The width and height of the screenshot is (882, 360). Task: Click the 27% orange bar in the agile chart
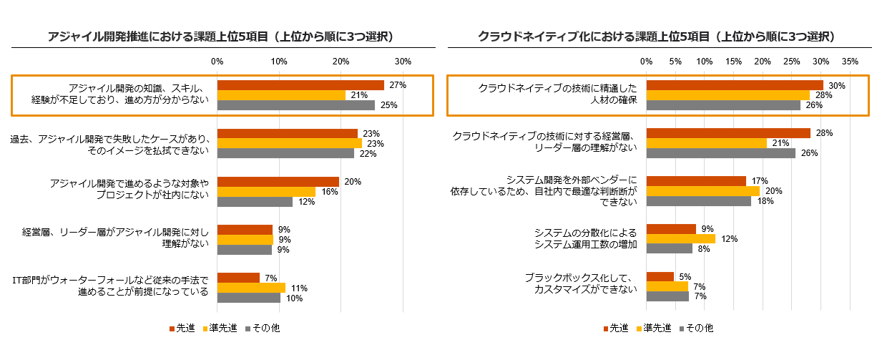click(300, 85)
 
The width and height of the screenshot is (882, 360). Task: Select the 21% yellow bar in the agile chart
click(281, 95)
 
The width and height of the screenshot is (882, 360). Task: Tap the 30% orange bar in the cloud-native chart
click(735, 85)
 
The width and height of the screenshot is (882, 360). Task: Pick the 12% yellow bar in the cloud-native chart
click(680, 239)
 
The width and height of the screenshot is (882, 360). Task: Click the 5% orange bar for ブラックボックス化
click(660, 277)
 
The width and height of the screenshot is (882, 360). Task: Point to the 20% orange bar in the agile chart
click(278, 182)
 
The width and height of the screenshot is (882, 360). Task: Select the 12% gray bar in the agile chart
click(255, 201)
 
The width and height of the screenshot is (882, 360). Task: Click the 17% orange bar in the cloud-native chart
click(696, 181)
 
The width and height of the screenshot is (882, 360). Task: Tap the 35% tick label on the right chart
click(850, 62)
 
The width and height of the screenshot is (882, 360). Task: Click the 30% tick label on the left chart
click(403, 62)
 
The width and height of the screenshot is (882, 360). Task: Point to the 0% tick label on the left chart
click(217, 62)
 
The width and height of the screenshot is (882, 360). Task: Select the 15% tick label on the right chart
click(733, 62)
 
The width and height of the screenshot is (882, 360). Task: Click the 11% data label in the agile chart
click(298, 288)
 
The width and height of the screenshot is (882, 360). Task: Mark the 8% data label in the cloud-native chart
click(705, 249)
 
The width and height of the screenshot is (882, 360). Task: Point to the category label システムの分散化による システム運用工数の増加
click(585, 238)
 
